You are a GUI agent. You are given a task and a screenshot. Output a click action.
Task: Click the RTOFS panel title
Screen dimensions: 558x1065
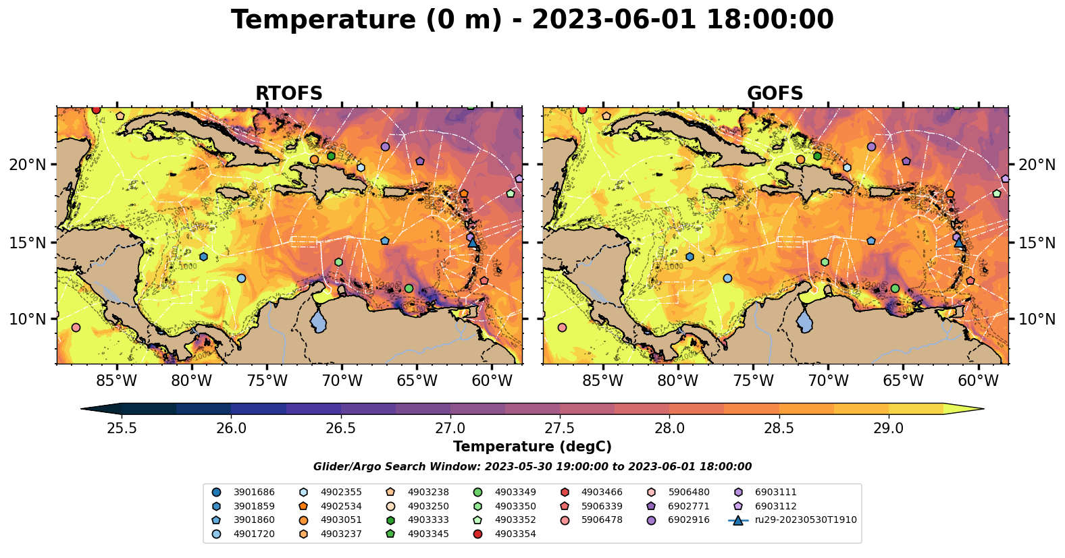pyautogui.click(x=288, y=94)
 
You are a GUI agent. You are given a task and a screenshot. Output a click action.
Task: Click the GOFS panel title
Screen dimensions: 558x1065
pyautogui.click(x=775, y=94)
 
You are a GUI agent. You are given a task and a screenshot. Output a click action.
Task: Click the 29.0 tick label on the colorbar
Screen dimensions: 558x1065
pyautogui.click(x=888, y=428)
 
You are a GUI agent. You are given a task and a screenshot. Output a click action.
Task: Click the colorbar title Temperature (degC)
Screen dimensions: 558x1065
pyautogui.click(x=532, y=447)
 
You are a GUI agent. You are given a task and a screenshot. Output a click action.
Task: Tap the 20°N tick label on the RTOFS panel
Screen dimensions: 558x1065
pyautogui.click(x=28, y=165)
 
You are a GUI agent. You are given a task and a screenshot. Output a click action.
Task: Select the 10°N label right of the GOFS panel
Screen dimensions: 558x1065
pyautogui.click(x=1037, y=319)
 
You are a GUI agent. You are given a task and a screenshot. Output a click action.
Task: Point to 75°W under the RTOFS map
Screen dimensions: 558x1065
pyautogui.click(x=267, y=381)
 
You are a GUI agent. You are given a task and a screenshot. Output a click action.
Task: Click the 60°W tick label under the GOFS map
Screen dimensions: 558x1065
pyautogui.click(x=978, y=381)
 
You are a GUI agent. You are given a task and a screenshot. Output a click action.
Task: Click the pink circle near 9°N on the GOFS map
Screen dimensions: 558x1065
pyautogui.click(x=562, y=327)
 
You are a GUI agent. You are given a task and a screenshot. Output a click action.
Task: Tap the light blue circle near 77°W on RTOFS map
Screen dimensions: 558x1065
pyautogui.click(x=241, y=278)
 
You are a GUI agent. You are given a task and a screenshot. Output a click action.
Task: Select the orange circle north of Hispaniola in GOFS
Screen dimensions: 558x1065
pyautogui.click(x=800, y=159)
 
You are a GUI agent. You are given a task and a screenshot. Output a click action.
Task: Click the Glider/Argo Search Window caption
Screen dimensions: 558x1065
pyautogui.click(x=532, y=467)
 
